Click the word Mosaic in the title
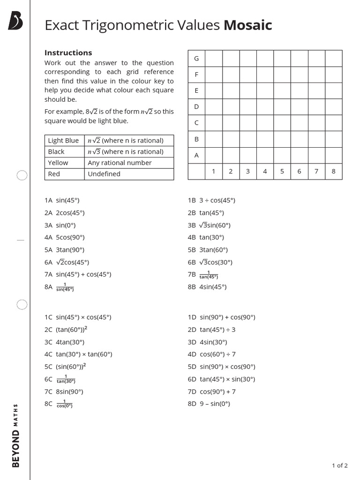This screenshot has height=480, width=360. pos(247,25)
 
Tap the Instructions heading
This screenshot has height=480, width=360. pos(68,53)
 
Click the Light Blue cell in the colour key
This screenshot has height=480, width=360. pos(63,141)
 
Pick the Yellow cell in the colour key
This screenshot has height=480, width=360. pos(58,163)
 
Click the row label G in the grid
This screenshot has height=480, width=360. pos(196,59)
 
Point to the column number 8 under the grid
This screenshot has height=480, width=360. pos(333,172)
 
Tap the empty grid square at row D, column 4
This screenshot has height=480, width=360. pos(265,107)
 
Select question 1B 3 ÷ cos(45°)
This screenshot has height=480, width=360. pos(211,200)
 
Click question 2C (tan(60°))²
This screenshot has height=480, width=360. pos(66,330)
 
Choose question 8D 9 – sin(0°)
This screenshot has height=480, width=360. pos(209,404)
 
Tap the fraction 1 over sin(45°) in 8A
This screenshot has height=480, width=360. pos(65,287)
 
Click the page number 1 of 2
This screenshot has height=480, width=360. pos(339,465)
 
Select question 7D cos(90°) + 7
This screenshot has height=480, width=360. pos(211,391)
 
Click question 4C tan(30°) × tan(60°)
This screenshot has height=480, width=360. pos(78,354)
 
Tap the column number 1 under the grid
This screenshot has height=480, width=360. pos(213,172)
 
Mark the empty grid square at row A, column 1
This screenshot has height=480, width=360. pos(213,155)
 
